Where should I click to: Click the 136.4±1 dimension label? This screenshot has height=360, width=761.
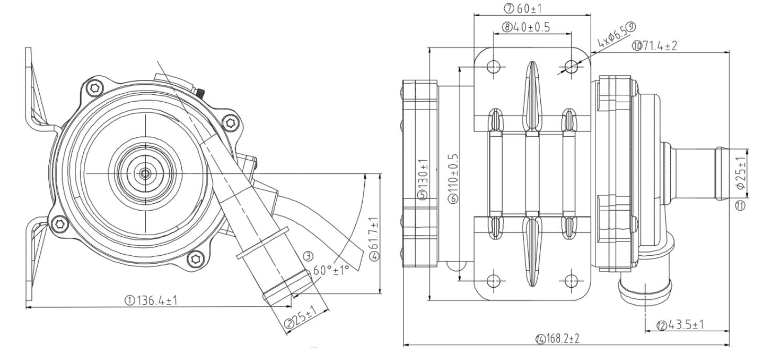[152, 300]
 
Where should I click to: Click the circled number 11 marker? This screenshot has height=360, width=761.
[740, 206]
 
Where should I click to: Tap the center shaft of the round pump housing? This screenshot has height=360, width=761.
[145, 172]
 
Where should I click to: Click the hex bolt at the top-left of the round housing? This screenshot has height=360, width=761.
[94, 88]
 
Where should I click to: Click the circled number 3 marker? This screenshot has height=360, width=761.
[308, 256]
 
